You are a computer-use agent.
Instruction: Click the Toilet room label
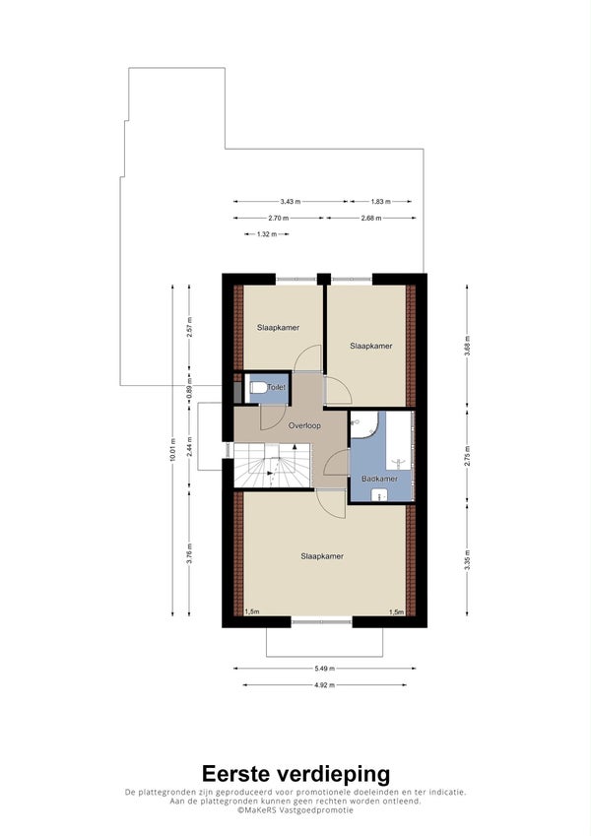click(277, 387)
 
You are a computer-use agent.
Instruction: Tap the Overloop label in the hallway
click(304, 425)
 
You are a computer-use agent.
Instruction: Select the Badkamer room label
click(379, 479)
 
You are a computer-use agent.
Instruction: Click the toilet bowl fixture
click(258, 388)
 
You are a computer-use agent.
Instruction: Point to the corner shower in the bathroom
click(363, 424)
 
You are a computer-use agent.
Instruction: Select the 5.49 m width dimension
click(324, 668)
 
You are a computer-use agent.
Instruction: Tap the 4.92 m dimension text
click(324, 685)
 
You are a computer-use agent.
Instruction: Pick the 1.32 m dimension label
click(267, 234)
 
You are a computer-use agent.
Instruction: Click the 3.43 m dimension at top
click(291, 202)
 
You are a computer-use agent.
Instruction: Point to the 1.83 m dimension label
click(381, 202)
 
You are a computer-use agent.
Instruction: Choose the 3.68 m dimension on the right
click(467, 346)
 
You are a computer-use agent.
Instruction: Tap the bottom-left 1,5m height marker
click(252, 611)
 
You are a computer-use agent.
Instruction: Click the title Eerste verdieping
click(295, 774)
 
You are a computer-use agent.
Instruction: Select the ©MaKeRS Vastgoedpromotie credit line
click(295, 809)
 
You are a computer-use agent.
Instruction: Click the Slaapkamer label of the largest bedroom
click(322, 556)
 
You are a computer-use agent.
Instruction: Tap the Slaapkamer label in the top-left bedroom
click(278, 327)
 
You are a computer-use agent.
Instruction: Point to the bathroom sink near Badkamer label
click(379, 494)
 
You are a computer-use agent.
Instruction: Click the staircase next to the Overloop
click(273, 465)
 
